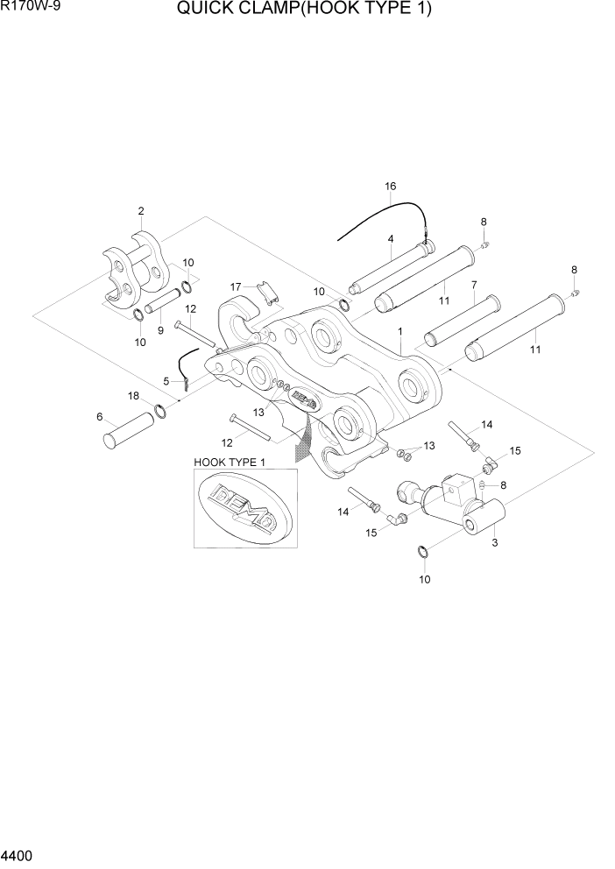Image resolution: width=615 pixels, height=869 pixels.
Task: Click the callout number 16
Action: [x=391, y=187]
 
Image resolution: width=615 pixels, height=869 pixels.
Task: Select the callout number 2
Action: [x=140, y=210]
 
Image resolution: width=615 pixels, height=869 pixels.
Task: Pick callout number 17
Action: [x=236, y=286]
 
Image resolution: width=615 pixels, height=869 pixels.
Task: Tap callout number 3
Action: [x=495, y=543]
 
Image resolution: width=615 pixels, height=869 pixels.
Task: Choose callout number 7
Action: [x=473, y=285]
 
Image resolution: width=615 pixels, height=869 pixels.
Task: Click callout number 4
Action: [x=390, y=239]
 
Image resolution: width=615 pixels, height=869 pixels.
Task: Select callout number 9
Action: [x=160, y=330]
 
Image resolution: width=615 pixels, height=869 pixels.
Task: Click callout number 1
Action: [x=399, y=332]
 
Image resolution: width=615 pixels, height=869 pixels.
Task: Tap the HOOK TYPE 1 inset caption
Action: [x=229, y=461]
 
